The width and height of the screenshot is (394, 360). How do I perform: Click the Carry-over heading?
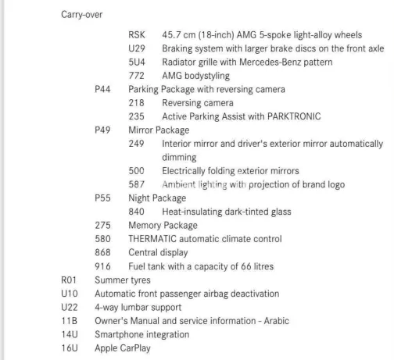pos(81,15)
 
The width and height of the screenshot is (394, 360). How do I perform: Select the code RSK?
pos(137,35)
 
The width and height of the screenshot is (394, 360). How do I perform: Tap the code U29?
pos(137,48)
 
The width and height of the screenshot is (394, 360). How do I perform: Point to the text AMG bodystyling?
pos(195,76)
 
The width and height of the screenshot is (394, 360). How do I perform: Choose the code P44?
pos(102,89)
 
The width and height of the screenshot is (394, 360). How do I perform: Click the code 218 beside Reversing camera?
pos(136,103)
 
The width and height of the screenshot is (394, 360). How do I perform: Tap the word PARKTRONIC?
pos(294,116)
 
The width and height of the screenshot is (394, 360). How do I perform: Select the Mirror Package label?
pos(159,130)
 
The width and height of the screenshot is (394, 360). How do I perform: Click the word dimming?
pos(179,157)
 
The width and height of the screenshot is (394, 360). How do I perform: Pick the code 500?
pos(136,171)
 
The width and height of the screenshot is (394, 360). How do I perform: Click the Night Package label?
pos(157,198)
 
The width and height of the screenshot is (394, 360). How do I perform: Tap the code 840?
pos(136,212)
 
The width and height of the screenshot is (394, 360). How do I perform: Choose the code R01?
pos(69,280)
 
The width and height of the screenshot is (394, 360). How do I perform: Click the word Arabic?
pos(276,321)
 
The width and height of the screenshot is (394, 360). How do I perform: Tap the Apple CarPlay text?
pos(123,348)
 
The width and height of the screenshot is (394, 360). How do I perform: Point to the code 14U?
pos(70,334)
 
